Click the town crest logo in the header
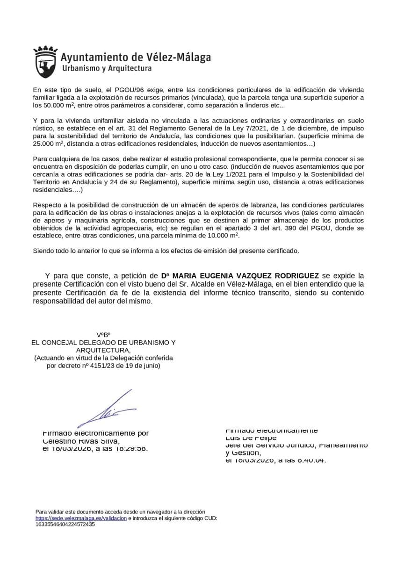tap(45, 62)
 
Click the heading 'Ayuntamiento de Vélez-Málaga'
tap(136, 58)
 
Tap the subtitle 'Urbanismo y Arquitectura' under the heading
tap(107, 69)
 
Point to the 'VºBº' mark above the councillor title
tap(103, 335)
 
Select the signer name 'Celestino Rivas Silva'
tap(81, 441)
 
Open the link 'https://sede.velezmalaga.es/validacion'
tap(81, 518)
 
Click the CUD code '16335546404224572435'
tap(65, 524)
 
